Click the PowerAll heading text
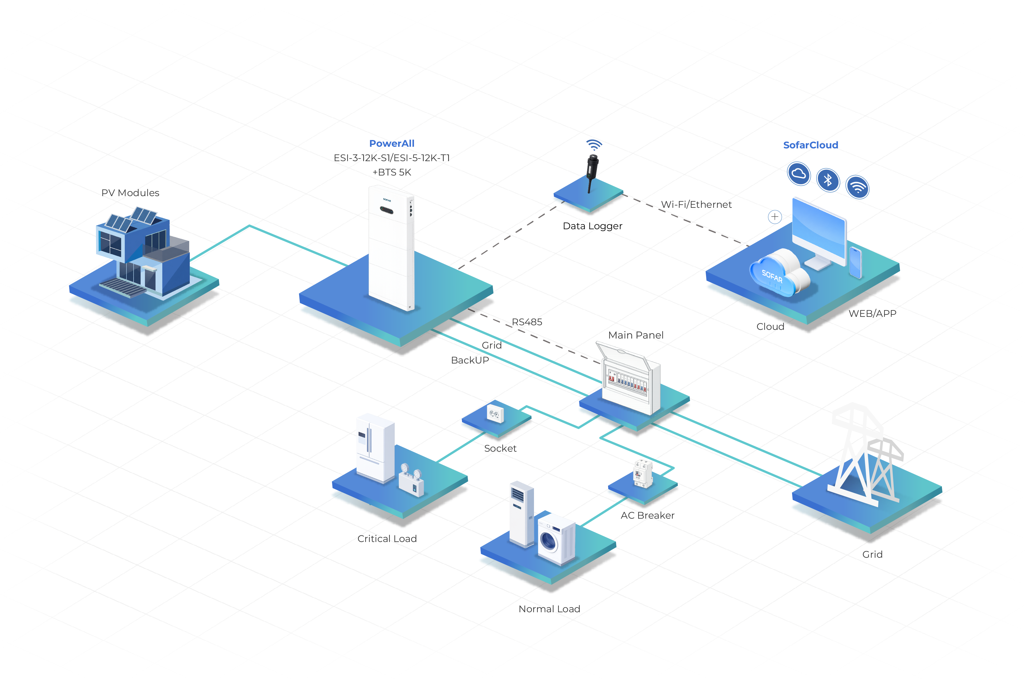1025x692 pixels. click(392, 143)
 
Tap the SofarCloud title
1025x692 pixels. click(811, 145)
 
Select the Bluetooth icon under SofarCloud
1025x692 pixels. click(828, 180)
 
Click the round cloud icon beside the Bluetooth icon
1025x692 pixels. click(799, 174)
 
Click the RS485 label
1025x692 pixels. click(527, 322)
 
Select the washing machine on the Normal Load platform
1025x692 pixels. click(556, 540)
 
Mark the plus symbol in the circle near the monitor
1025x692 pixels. click(775, 216)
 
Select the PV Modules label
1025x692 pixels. click(130, 193)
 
